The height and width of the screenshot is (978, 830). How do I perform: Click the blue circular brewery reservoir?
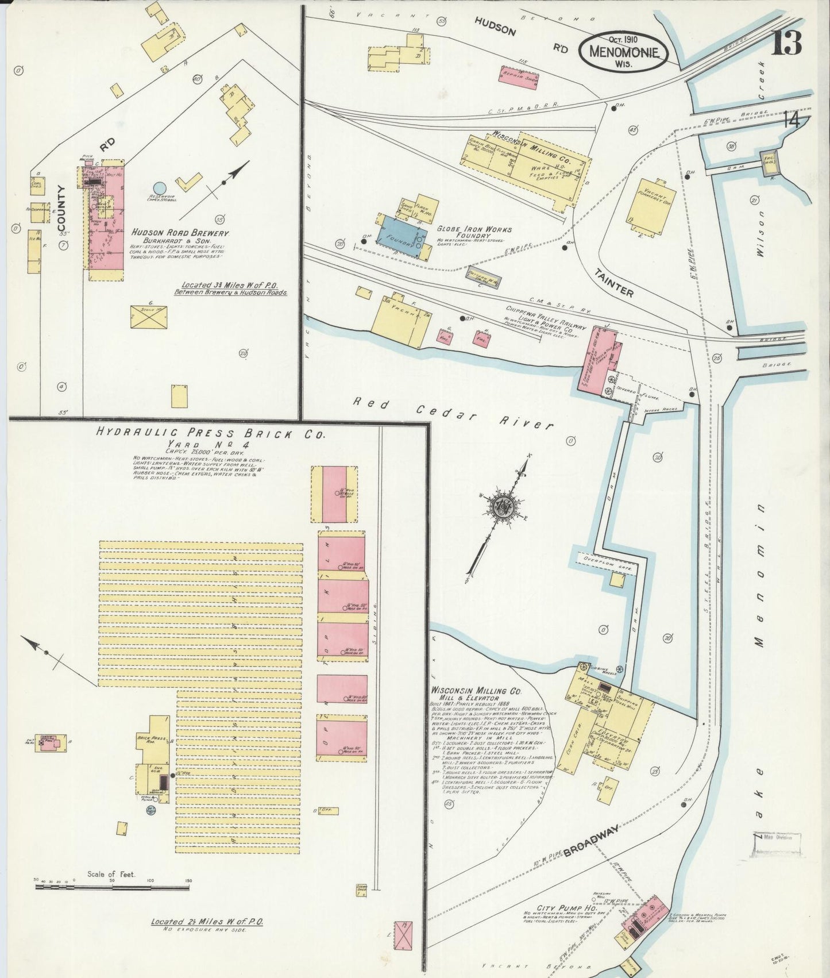159,187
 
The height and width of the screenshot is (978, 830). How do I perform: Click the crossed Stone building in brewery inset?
148,317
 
